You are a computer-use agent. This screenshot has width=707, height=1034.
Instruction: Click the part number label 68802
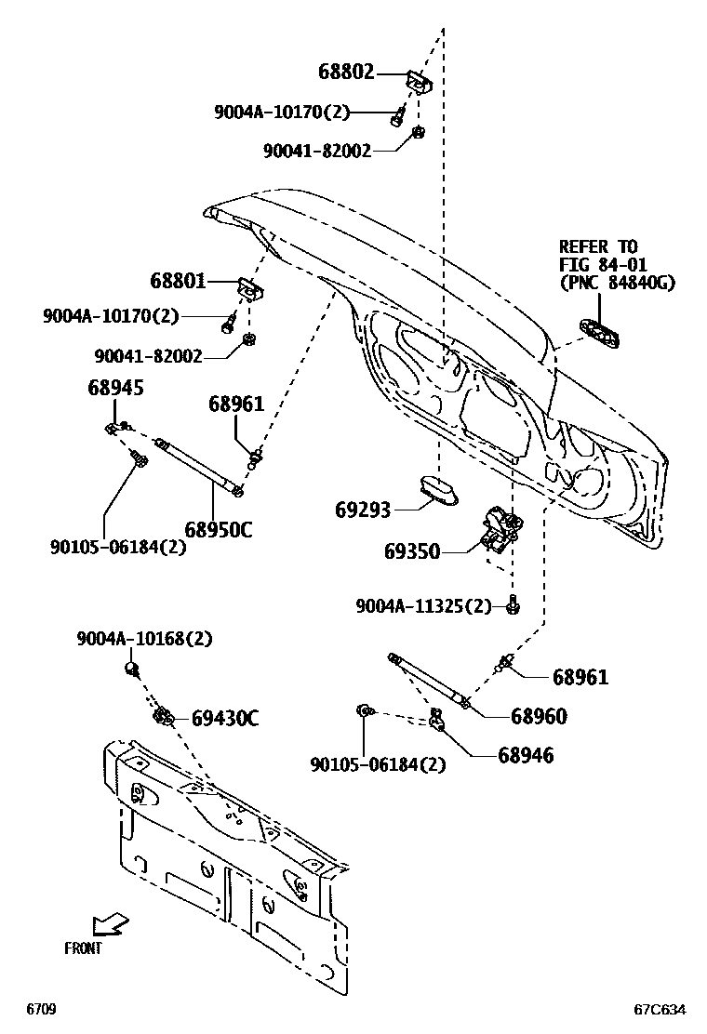click(346, 72)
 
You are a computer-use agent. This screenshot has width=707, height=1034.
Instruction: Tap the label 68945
click(116, 388)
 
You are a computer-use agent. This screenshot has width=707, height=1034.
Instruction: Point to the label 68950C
click(218, 530)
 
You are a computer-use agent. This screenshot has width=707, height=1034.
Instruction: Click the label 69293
click(363, 510)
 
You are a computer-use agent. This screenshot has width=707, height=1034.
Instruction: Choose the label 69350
click(412, 552)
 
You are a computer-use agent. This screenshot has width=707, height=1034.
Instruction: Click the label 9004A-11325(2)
click(423, 606)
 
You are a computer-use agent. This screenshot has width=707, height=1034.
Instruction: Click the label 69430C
click(225, 719)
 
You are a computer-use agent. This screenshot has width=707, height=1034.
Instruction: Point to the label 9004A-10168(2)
click(144, 639)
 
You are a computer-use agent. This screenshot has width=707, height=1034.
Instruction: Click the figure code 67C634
click(660, 1009)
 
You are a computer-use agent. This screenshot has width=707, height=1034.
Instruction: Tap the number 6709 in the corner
click(42, 1009)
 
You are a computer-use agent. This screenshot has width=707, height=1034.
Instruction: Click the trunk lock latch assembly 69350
click(498, 530)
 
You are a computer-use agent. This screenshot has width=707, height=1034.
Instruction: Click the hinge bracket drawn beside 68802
click(418, 83)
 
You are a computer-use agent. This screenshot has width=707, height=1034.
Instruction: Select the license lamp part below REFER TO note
click(599, 333)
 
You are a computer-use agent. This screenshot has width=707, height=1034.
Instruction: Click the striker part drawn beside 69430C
click(165, 715)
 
